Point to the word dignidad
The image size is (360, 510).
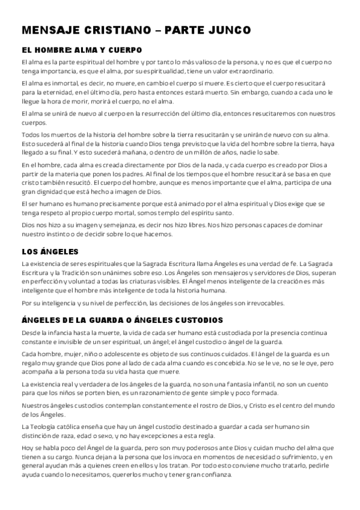pyautogui.click(x=51, y=191)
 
